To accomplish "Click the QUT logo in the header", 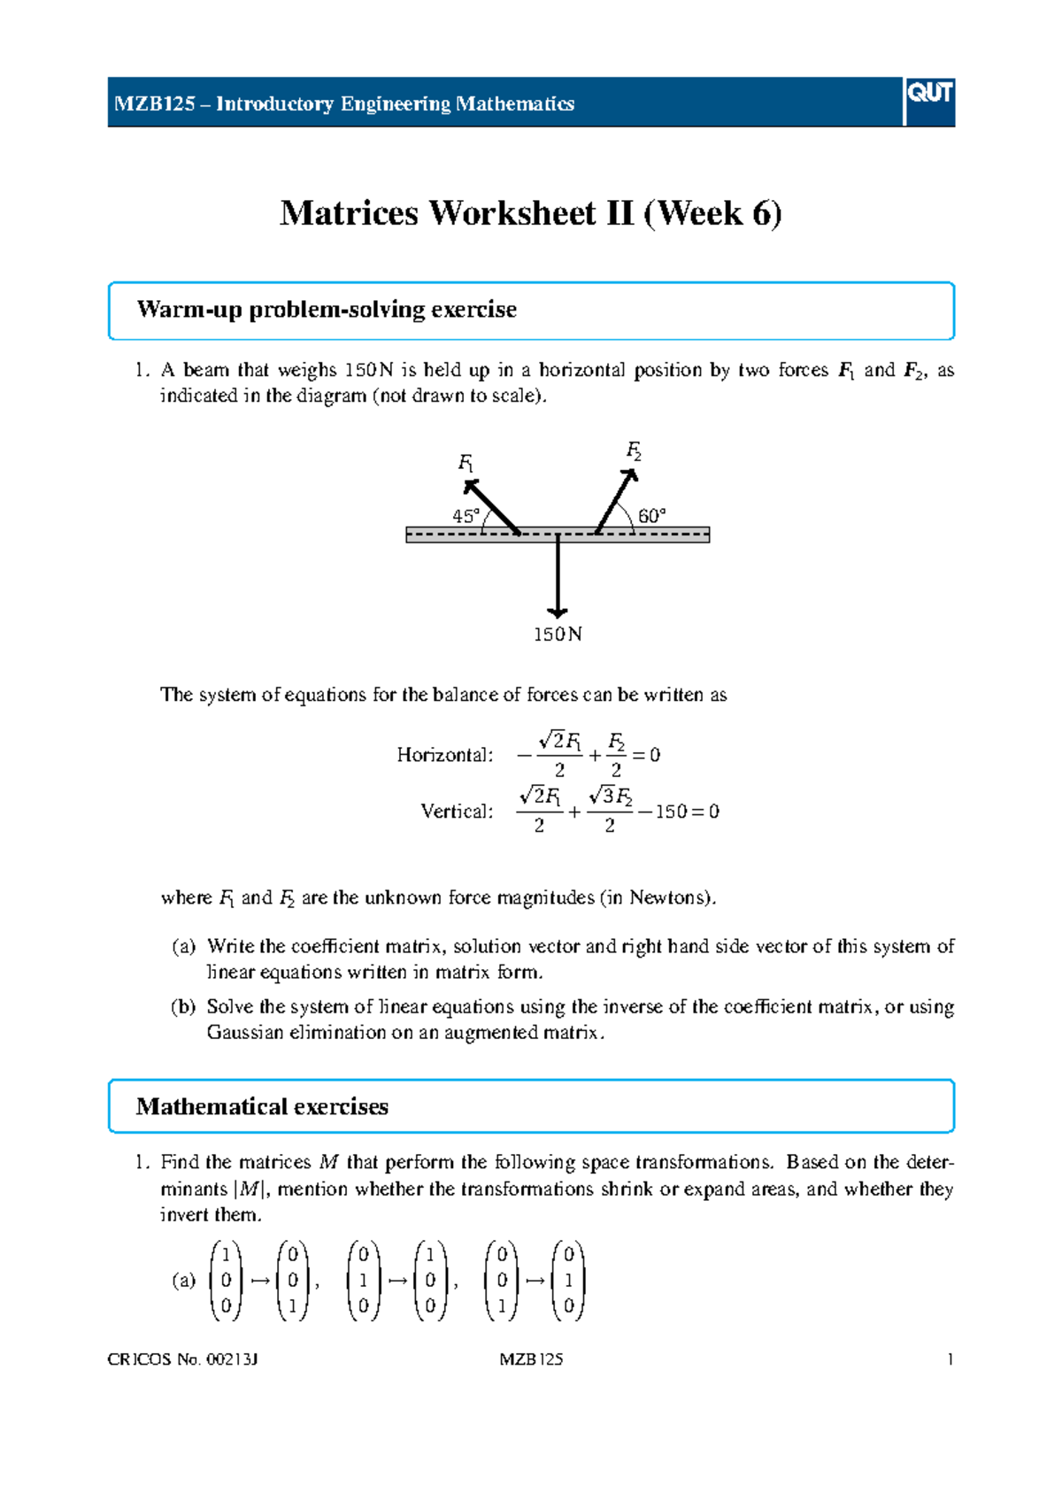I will [x=929, y=94].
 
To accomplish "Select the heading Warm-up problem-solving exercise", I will [x=327, y=310].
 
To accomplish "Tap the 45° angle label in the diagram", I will [x=466, y=516].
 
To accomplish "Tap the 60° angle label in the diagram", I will [x=651, y=516].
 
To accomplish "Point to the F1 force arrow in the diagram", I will [x=492, y=507].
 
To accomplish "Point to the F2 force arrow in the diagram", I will [x=617, y=501].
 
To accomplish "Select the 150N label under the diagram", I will [x=558, y=635].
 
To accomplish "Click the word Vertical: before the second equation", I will [x=457, y=812].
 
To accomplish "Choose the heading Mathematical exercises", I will [x=262, y=1107].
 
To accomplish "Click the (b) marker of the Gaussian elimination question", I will [x=183, y=1007].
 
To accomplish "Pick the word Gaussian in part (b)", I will [x=245, y=1033].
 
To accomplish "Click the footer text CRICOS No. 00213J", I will [x=182, y=1359].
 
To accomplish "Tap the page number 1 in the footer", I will [x=950, y=1359].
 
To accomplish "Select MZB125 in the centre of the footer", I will [x=531, y=1359].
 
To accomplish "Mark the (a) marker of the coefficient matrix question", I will [x=183, y=947].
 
